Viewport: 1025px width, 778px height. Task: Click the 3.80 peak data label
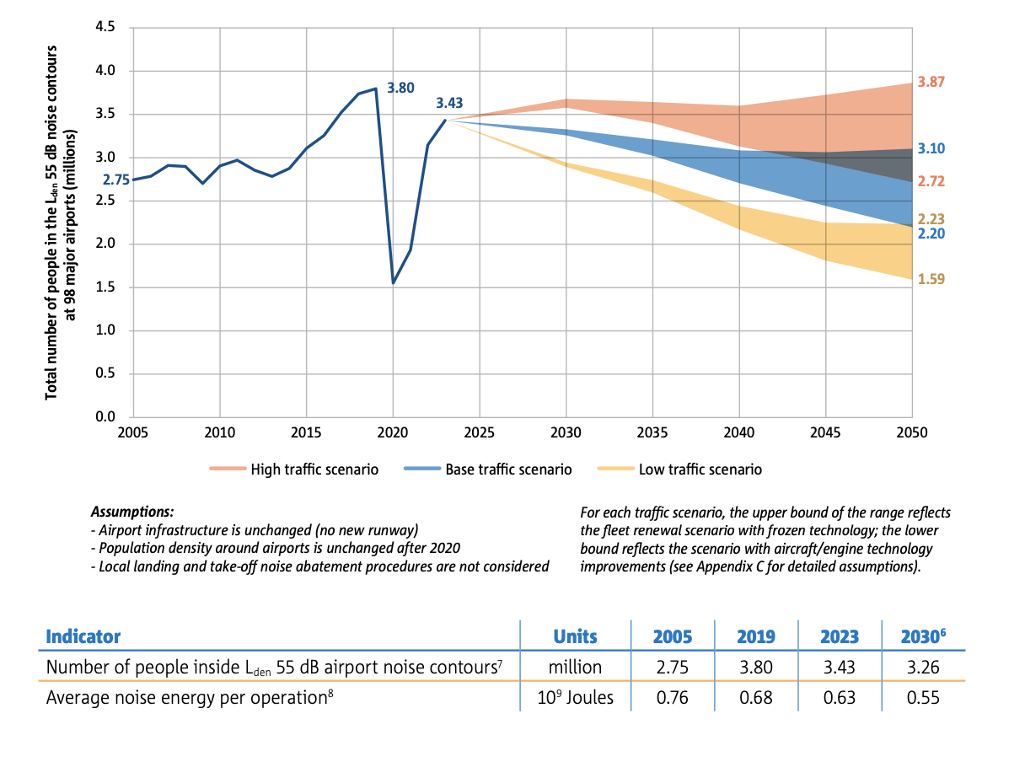click(400, 87)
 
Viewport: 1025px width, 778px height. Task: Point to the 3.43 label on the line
click(449, 104)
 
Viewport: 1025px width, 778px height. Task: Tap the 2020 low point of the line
click(393, 282)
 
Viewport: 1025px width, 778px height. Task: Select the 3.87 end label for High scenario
click(931, 82)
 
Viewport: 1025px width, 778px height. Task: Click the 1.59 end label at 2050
click(931, 278)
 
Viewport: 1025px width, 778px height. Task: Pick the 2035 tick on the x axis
click(653, 432)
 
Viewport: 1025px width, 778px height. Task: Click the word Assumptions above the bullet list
click(131, 512)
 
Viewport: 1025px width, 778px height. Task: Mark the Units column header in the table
click(575, 636)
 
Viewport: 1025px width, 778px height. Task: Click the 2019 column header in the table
click(755, 636)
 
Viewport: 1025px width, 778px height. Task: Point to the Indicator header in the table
click(83, 636)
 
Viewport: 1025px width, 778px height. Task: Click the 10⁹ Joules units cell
click(575, 697)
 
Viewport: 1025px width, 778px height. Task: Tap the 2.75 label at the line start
click(115, 180)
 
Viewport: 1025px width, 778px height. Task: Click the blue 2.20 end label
click(931, 233)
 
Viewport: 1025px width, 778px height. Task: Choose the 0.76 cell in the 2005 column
click(673, 697)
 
